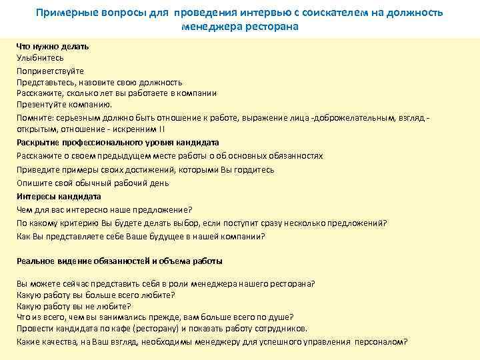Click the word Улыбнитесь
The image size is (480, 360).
40,58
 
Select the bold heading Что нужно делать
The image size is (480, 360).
53,46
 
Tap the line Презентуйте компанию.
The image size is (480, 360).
65,105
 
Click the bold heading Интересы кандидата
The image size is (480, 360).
59,197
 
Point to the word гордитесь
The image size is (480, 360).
253,169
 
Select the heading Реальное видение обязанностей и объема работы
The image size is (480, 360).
119,261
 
